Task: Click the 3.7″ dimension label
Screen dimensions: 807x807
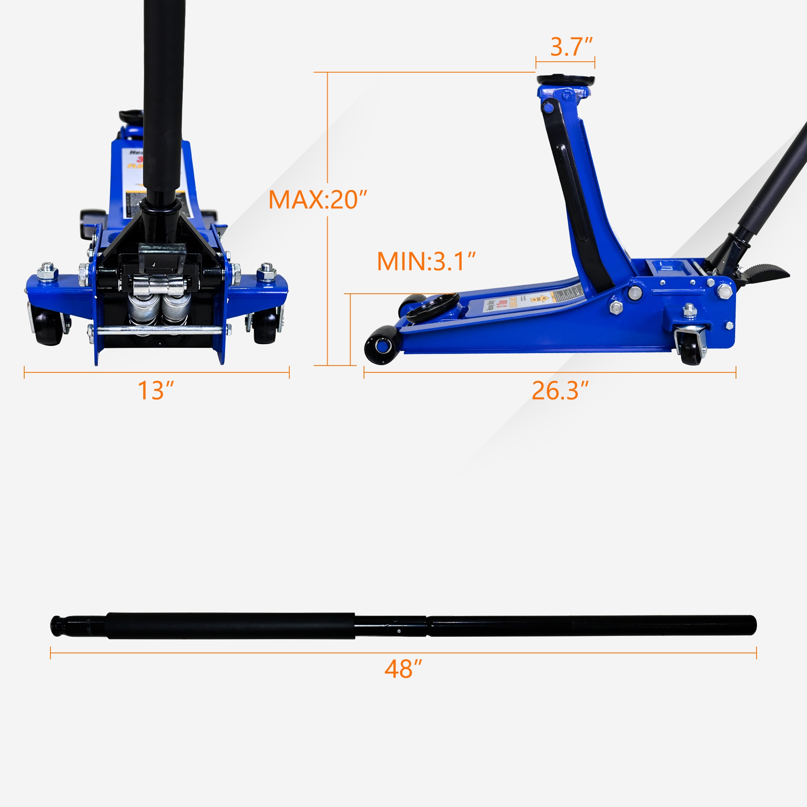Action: [x=571, y=47]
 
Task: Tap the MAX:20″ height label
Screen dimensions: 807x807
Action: [x=318, y=200]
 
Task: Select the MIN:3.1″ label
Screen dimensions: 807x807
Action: [x=426, y=261]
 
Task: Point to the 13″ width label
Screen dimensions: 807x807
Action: [x=155, y=391]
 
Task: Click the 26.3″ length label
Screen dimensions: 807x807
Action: [x=560, y=391]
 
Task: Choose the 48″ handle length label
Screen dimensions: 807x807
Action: [x=403, y=669]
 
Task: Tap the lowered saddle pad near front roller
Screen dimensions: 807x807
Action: [x=433, y=307]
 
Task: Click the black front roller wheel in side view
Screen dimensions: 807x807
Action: [x=381, y=345]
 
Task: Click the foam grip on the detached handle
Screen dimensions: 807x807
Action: [x=230, y=626]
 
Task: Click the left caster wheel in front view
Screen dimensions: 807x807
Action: [x=48, y=327]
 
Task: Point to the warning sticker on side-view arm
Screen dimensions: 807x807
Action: [x=533, y=299]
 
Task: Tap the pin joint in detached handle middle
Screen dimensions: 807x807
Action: [x=399, y=631]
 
